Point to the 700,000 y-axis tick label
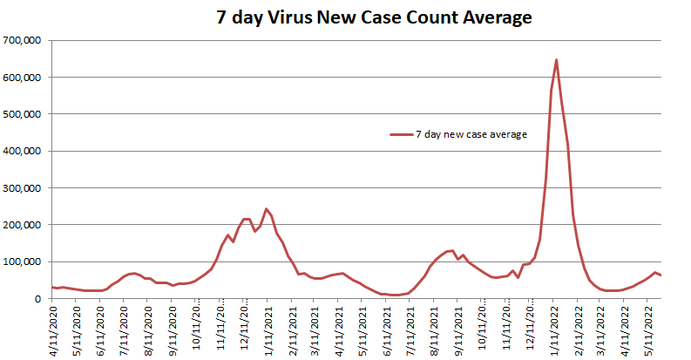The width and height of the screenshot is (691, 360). tap(25, 40)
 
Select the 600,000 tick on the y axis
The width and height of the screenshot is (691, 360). tap(25, 78)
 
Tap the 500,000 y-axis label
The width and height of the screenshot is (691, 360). tap(25, 114)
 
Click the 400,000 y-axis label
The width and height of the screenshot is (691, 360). tap(25, 151)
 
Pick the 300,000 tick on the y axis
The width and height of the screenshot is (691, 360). tap(25, 188)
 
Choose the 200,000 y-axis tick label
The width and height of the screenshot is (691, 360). tap(25, 225)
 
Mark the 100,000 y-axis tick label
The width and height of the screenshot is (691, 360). tap(25, 262)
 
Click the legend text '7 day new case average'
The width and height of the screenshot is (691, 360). tap(471, 133)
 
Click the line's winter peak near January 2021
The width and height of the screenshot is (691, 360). tap(266, 209)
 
